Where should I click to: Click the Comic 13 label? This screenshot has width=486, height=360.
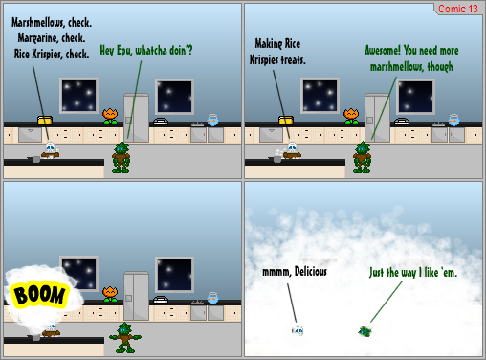457,9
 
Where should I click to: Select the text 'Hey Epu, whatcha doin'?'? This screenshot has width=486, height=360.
146,50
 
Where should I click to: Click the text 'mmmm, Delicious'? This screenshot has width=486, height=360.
295,272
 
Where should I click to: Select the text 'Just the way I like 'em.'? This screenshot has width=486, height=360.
413,273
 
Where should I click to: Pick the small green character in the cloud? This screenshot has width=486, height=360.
365,331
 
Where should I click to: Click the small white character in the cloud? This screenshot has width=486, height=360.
298,331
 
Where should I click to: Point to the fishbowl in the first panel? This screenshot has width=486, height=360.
213,120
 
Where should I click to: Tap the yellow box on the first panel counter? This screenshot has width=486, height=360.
43,121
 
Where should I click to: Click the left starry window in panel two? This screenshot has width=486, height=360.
320,96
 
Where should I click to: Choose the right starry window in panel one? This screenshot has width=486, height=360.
175,96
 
